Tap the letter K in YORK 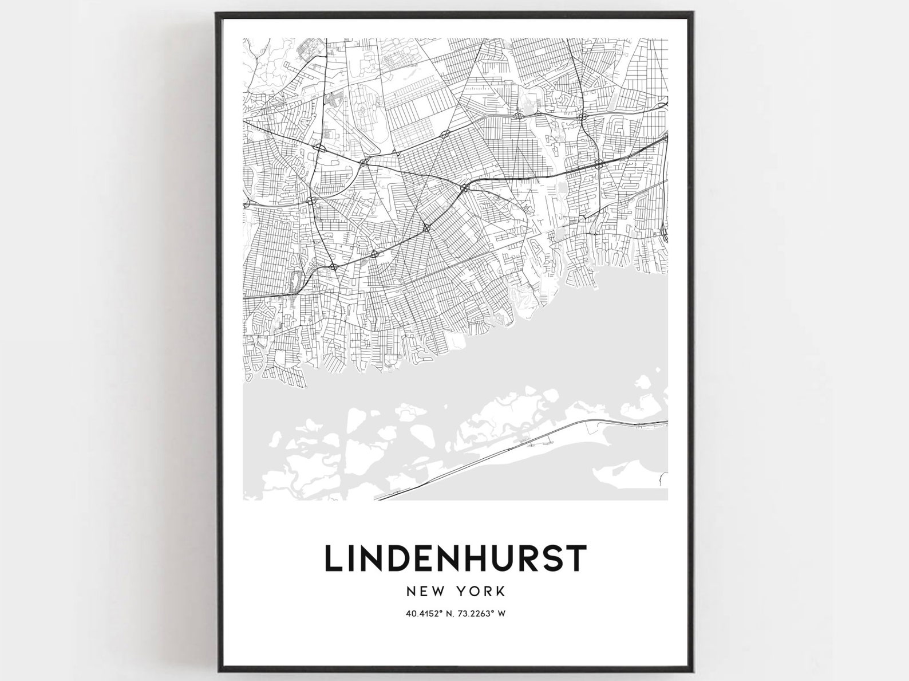(x=500, y=589)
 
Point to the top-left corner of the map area (x=243, y=39)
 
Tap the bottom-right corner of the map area (x=667, y=500)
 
